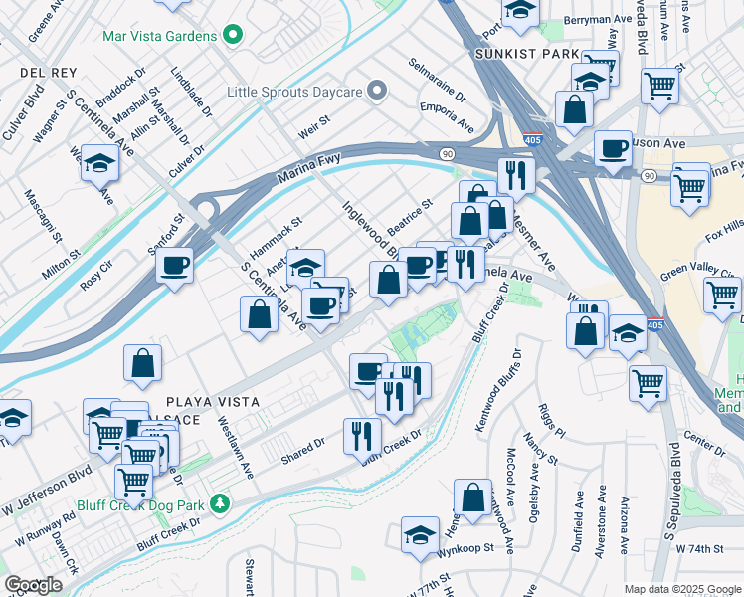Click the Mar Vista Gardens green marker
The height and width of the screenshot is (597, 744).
(233, 36)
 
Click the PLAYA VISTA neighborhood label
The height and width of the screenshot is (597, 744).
(213, 401)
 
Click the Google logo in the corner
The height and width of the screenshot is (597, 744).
(33, 585)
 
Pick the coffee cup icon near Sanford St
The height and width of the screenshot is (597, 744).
(175, 266)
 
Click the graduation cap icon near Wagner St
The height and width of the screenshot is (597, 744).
(99, 162)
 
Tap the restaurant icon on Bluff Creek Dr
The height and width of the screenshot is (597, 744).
(362, 435)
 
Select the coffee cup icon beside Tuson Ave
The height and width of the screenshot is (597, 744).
(613, 148)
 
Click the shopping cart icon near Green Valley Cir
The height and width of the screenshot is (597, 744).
(721, 294)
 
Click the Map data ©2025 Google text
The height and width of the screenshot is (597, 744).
(681, 588)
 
